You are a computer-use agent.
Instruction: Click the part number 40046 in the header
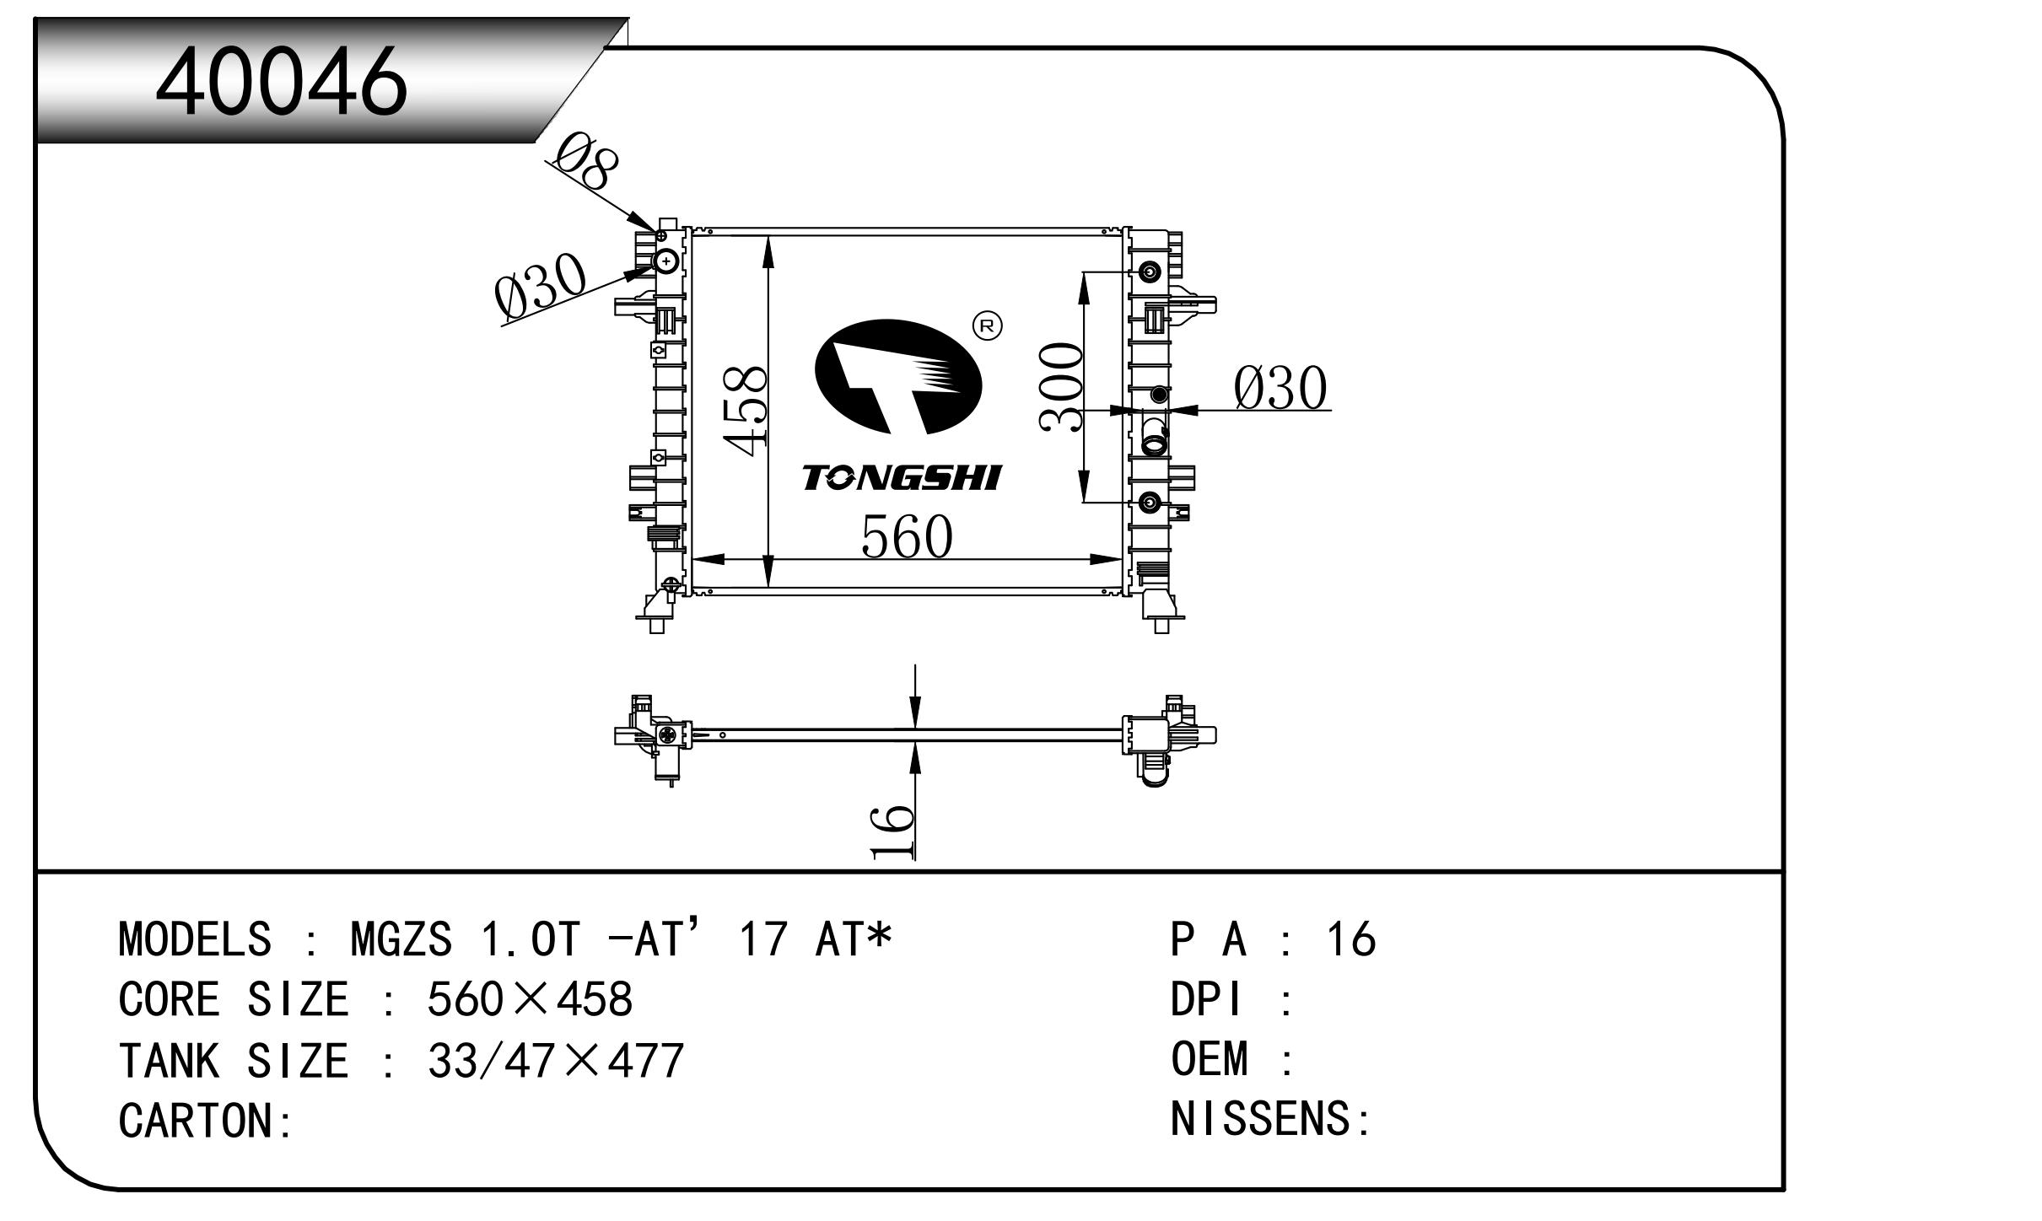pos(281,81)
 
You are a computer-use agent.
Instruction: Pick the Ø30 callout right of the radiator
pos(1280,389)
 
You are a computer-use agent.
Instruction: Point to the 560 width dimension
pos(907,537)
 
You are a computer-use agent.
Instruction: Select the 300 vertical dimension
pos(1060,387)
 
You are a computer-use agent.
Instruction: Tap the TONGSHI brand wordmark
pos(901,478)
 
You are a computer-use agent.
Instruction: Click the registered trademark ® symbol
pos(987,325)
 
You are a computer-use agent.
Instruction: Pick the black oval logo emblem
pos(897,378)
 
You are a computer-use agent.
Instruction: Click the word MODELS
pos(195,939)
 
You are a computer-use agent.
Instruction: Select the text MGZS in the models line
pos(401,939)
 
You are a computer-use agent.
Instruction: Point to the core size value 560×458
pos(530,1000)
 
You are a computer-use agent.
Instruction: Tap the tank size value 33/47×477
pos(556,1061)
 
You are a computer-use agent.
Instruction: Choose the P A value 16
pos(1351,939)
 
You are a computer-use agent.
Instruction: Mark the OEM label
pos(1209,1059)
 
